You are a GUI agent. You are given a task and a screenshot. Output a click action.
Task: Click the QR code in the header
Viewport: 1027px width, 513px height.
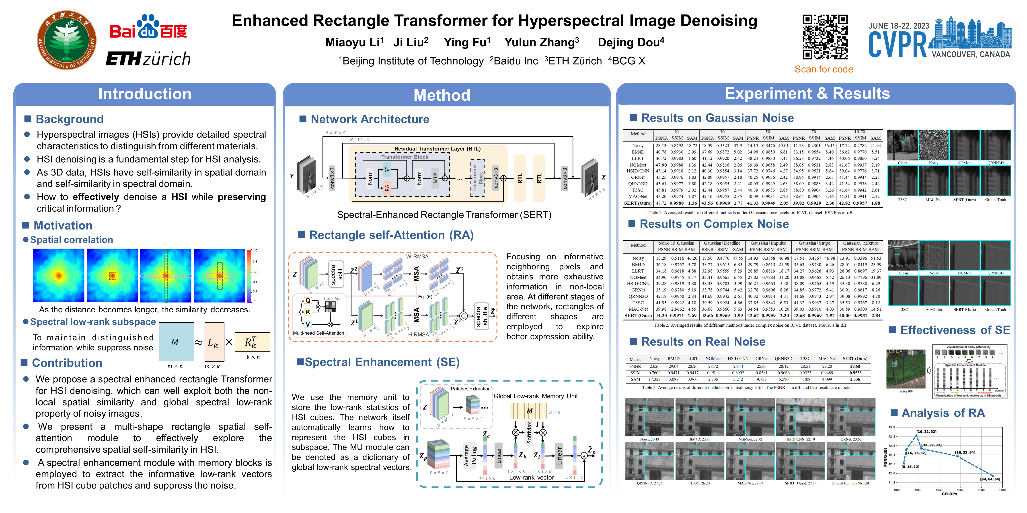tap(824, 37)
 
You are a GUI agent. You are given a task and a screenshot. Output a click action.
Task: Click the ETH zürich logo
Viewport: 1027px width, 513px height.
tap(148, 59)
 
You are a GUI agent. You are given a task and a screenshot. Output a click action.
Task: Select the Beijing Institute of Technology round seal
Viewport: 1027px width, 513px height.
tap(67, 40)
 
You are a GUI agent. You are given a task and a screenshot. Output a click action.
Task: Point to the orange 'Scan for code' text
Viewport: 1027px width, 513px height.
tap(824, 69)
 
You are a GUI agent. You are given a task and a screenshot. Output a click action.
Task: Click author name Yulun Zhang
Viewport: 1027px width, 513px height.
tap(541, 42)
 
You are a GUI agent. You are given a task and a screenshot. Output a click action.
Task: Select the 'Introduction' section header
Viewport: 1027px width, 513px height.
tap(145, 94)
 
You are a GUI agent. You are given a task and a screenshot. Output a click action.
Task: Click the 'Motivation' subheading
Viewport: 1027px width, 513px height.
tap(63, 225)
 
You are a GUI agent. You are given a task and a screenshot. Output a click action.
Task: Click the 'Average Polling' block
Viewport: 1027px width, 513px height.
tap(470, 456)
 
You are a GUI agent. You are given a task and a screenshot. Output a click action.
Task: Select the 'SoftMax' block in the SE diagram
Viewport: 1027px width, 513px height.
tap(529, 432)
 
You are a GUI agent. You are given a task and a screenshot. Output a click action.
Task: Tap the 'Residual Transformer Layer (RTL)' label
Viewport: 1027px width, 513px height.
tap(437, 149)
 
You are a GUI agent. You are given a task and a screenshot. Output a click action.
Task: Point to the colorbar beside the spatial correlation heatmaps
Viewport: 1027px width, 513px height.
tap(249, 276)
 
